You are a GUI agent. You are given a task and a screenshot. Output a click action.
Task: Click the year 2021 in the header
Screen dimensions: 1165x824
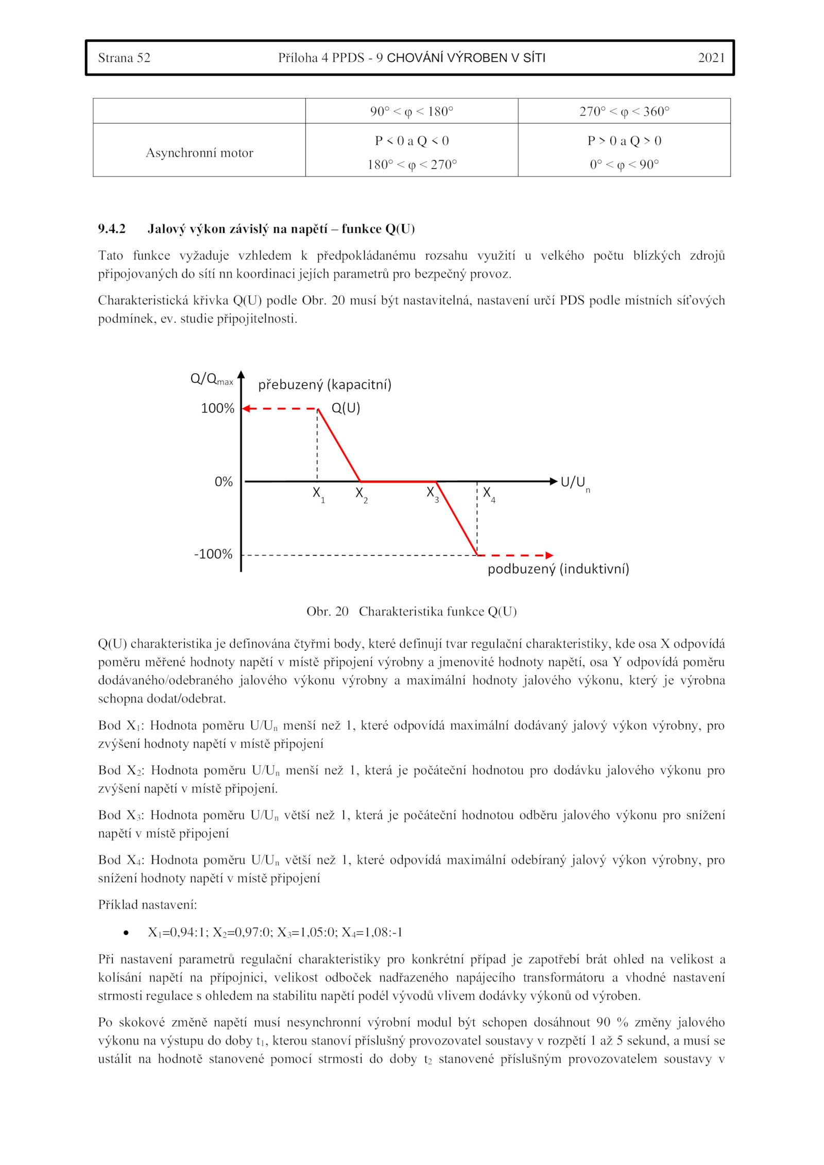pos(711,58)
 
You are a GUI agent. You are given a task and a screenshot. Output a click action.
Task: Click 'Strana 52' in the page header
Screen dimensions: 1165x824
pos(124,58)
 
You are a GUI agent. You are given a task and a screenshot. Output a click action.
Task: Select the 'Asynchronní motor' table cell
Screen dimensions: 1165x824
pos(199,153)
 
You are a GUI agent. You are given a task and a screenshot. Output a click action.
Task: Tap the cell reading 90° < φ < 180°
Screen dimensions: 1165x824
pos(411,111)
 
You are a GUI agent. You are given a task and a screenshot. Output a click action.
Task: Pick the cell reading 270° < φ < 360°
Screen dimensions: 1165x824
pos(624,111)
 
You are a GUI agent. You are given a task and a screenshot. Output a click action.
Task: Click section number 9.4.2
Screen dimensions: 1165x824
pos(112,229)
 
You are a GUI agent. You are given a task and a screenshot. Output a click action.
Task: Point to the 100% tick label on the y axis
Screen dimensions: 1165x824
pos(217,408)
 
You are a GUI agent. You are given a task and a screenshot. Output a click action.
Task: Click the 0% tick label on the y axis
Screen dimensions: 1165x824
pos(224,482)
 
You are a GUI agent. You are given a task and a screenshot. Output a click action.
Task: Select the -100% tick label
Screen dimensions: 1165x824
pos(213,554)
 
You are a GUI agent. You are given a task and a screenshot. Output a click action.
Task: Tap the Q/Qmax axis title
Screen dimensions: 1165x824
pos(211,379)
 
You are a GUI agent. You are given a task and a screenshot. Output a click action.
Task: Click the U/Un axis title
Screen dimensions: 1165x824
pos(575,483)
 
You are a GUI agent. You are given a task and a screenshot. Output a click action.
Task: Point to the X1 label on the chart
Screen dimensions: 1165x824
pos(318,493)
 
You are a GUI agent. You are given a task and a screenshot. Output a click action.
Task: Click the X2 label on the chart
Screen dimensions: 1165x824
pos(361,493)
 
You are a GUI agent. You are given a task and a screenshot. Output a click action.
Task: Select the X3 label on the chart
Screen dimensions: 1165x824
pos(432,493)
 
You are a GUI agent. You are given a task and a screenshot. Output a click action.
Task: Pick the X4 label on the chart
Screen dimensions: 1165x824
pos(488,493)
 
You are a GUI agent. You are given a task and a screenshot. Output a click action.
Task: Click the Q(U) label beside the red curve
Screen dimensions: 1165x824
pos(346,408)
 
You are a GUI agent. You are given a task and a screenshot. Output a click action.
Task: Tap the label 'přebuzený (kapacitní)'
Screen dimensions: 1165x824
pos(324,385)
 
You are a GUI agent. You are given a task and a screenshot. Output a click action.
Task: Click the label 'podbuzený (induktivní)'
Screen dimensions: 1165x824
pos(558,569)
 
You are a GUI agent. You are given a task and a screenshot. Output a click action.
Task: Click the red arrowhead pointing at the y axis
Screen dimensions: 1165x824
pos(246,408)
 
